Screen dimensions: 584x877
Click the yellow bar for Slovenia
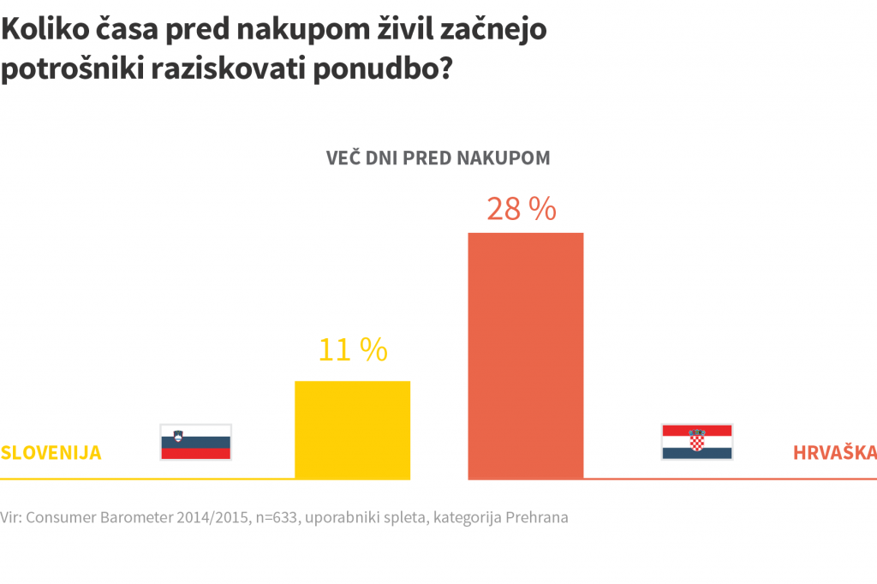pos(352,429)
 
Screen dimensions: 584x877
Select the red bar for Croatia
pos(525,355)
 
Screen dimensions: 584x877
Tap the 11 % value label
pos(353,349)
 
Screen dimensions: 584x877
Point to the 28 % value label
pos(522,209)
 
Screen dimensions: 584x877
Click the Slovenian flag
pos(196,442)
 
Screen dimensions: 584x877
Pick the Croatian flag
pos(696,442)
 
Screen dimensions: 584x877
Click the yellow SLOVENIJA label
pos(51,452)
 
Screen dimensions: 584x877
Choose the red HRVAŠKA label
pos(834,452)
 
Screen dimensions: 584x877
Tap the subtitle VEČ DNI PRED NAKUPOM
pos(438,158)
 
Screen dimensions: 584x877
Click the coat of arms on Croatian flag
pos(696,439)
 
